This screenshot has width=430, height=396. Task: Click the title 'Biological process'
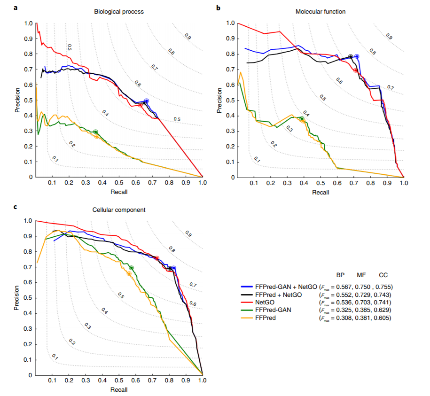[x=119, y=12]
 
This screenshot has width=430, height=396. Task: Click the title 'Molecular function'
[x=321, y=12]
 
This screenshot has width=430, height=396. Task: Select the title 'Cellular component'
[x=119, y=210]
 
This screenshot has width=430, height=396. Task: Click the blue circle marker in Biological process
[x=147, y=101]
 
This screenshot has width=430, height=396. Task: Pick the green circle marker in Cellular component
[x=132, y=268]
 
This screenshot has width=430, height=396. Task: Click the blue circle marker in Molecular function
[x=357, y=56]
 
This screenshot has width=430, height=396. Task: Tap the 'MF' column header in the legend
[x=361, y=275]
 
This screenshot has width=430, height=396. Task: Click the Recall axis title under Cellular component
[x=118, y=389]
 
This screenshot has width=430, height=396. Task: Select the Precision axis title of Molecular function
[x=219, y=100]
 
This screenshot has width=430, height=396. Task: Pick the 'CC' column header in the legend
[x=383, y=275]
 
